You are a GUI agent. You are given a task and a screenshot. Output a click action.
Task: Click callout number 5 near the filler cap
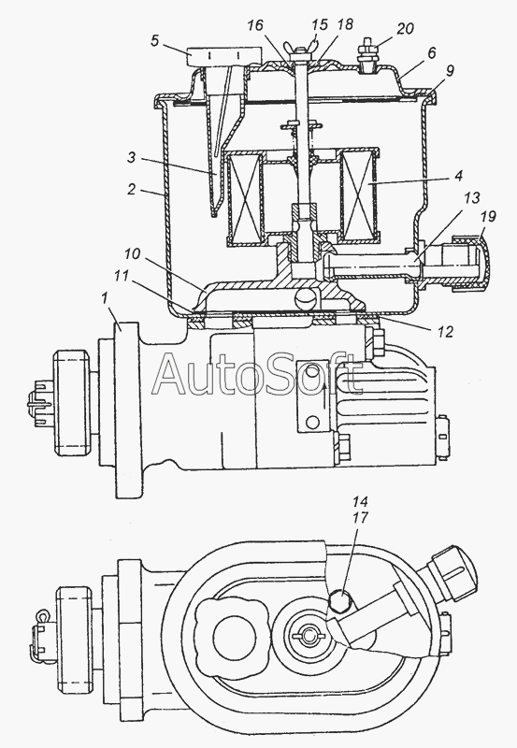pos(154,40)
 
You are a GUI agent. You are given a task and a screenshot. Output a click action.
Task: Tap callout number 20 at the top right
pos(405,29)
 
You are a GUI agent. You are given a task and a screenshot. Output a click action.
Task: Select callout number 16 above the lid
pos(255,25)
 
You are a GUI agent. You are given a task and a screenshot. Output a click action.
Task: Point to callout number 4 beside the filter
pos(458,176)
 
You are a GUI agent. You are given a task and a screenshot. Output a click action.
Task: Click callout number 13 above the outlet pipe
pos(472,197)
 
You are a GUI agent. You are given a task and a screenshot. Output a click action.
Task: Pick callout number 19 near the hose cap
pos(487,216)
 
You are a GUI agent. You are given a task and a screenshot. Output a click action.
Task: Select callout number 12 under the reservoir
pos(444,331)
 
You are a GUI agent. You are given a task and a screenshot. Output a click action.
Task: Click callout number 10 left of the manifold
pos(133,253)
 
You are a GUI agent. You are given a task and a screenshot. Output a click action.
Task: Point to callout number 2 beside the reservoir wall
pos(132,190)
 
